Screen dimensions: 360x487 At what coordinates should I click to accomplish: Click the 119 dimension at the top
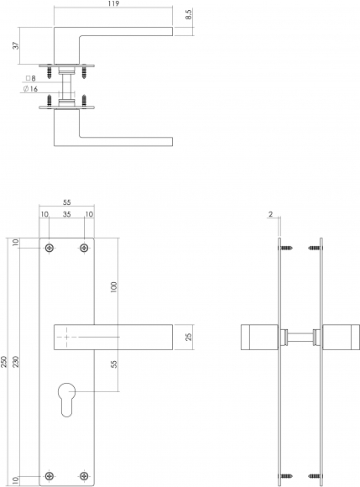pos(114,3)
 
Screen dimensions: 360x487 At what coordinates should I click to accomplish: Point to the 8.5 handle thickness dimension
pos(189,14)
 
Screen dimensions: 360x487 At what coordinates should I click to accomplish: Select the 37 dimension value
pos(16,45)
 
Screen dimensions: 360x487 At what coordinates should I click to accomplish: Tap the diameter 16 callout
pos(30,89)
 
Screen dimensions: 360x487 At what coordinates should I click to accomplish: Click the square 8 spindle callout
pos(30,78)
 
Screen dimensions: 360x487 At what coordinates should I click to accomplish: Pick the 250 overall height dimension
pos(4,362)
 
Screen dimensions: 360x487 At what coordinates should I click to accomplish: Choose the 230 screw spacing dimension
pos(16,362)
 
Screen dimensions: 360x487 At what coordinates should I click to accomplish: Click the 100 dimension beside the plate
pos(113,288)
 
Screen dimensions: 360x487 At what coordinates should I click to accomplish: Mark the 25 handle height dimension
pos(188,337)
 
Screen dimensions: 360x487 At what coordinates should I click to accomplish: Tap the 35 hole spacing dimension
pos(67,214)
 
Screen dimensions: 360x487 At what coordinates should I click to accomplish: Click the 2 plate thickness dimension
pos(270,214)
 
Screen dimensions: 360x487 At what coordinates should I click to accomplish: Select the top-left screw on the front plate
pos(50,248)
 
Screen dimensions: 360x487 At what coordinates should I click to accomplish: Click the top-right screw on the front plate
pos(84,248)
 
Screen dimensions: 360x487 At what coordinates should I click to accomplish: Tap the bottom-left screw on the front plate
pos(50,476)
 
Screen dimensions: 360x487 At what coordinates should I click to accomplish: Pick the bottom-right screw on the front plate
pos(84,476)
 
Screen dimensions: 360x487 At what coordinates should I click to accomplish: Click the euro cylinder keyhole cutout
pos(67,399)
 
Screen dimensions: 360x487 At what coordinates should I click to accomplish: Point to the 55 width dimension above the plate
pos(67,202)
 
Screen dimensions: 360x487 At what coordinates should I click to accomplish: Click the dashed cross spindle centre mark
pos(67,337)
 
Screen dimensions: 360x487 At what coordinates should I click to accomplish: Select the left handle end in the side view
pos(259,337)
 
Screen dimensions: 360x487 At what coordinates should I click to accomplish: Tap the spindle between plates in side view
pos(300,337)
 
